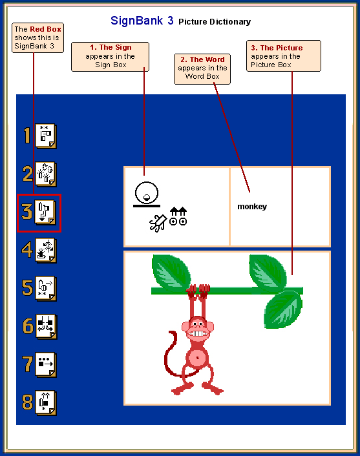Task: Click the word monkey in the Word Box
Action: coord(252,207)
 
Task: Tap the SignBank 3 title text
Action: coord(142,21)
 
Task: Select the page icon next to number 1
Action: coord(46,136)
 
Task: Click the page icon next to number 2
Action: coord(46,174)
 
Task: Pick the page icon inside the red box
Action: coord(45,212)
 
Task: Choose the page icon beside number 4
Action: coord(46,251)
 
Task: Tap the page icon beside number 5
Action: coord(46,289)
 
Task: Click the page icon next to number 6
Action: coord(47,327)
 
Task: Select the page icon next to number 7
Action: coord(46,365)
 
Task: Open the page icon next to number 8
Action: coord(46,403)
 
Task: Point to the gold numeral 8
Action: coord(28,402)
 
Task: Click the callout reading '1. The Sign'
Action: coord(111,56)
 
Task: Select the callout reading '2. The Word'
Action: coord(202,69)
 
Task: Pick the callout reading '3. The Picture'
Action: coord(284,56)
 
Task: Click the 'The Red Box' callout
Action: coord(37,38)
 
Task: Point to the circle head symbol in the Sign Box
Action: coord(146,193)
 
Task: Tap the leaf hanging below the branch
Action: coord(283,309)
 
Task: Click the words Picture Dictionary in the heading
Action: coord(215,22)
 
